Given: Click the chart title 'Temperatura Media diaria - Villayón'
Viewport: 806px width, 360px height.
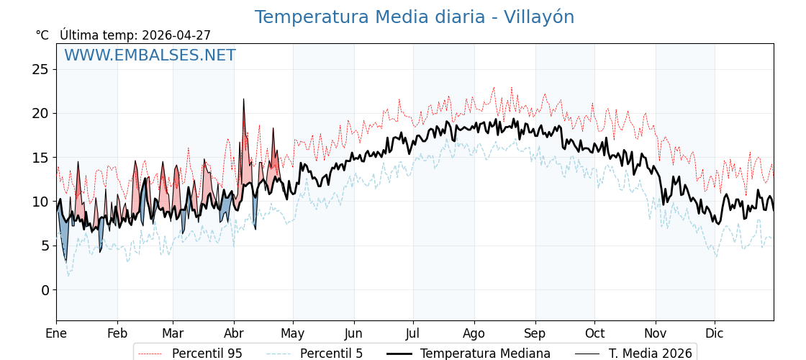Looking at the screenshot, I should tap(414, 17).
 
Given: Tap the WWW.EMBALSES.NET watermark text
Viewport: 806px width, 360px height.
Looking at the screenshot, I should tap(150, 55).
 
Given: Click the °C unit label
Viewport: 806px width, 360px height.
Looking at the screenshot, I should tap(42, 35).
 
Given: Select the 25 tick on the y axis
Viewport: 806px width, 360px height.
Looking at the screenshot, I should tap(40, 70).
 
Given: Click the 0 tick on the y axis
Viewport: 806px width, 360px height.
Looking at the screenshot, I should tap(45, 290).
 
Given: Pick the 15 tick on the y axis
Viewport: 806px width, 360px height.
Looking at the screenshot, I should tap(40, 158).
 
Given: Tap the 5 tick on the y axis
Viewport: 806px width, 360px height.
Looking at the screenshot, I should tap(45, 246).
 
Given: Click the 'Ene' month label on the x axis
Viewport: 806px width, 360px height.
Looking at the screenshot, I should tap(56, 333).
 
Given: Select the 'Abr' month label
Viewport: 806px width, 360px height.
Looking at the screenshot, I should tap(234, 333).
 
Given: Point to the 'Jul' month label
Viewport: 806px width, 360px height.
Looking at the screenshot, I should tap(413, 333).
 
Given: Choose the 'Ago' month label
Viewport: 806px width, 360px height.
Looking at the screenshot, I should tap(474, 333).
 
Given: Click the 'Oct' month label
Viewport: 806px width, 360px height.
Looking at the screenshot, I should tap(594, 333).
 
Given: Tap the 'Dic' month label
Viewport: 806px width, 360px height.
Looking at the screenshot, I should tap(715, 333).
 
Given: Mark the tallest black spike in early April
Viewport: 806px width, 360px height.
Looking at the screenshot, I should tap(243, 99).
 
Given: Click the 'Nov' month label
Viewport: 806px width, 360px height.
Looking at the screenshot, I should tap(656, 333).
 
